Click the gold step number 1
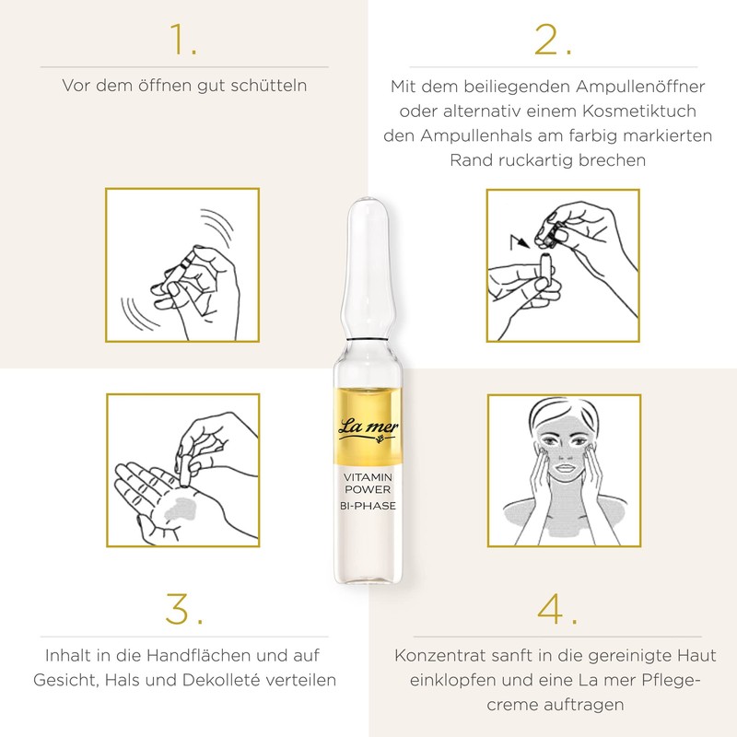(182, 40)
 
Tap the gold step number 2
(554, 40)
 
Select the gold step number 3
(184, 609)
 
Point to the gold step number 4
(557, 609)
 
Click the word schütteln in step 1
(269, 86)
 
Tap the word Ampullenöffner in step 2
(640, 87)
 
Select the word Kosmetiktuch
(639, 111)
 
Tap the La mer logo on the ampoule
(368, 430)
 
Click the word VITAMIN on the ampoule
(368, 477)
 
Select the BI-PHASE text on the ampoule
(368, 506)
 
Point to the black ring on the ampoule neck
(368, 339)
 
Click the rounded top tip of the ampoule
(368, 199)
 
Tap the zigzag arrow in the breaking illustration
(520, 241)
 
